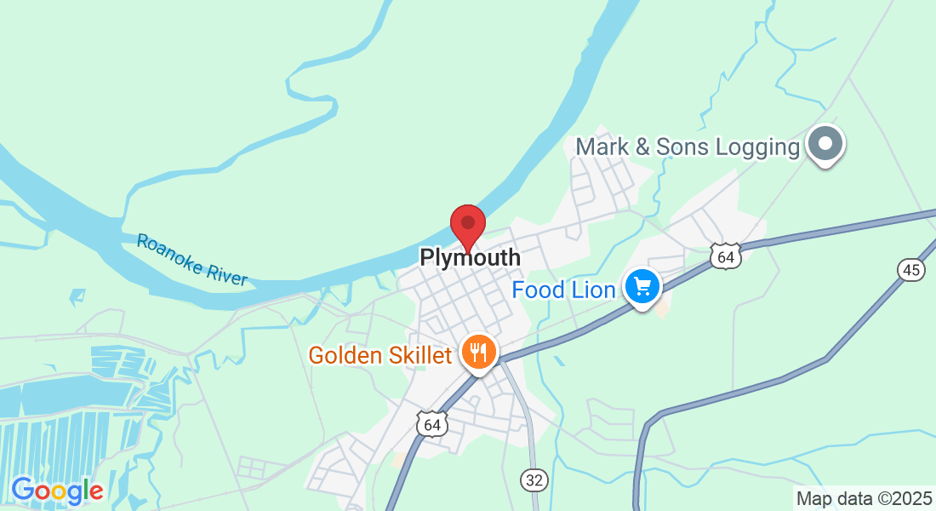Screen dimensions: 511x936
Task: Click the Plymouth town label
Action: (470, 257)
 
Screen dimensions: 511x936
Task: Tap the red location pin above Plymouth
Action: (467, 225)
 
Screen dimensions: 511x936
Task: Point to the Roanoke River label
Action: (192, 260)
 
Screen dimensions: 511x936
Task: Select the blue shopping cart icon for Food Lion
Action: (642, 286)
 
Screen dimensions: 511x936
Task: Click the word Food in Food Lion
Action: (539, 290)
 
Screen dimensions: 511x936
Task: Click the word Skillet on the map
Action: (423, 354)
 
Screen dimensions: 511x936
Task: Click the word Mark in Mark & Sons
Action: (602, 146)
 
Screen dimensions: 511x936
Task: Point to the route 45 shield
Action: (910, 270)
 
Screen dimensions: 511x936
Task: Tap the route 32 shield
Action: (534, 480)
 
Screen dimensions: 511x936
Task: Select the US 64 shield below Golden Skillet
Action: (431, 423)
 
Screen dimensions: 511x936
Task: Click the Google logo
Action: (57, 491)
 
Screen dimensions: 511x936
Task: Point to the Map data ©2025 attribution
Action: (863, 498)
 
